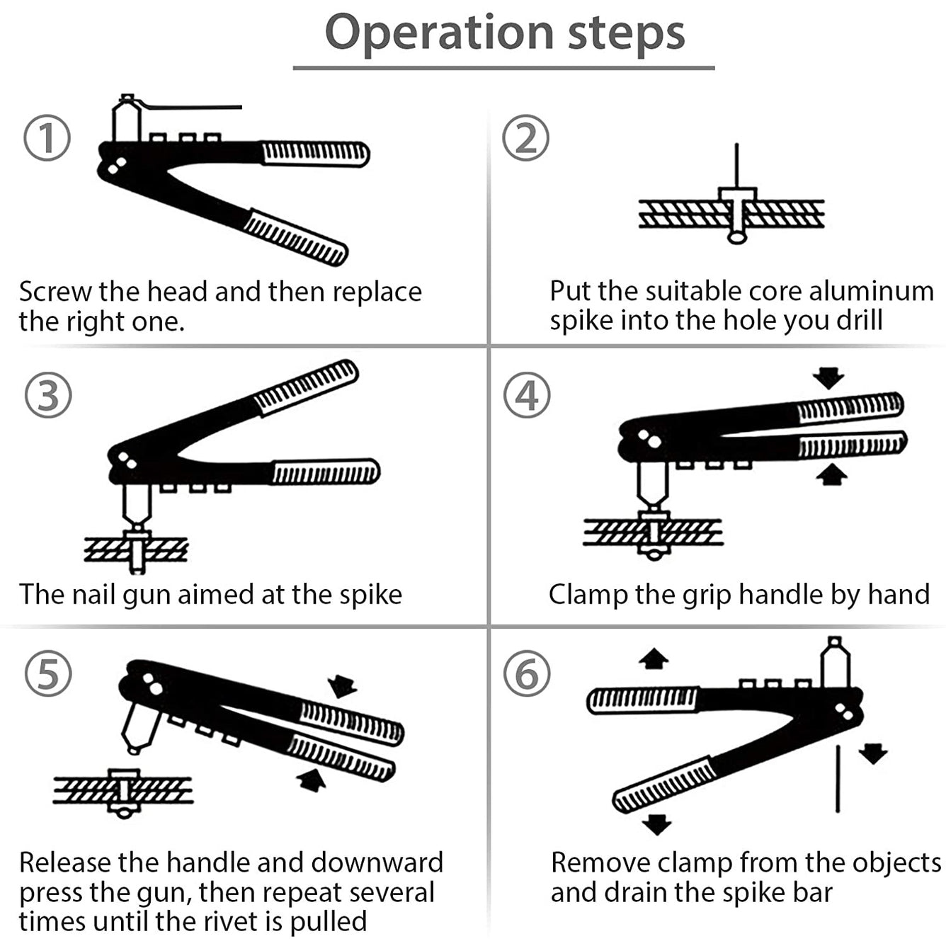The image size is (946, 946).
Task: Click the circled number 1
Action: [47, 138]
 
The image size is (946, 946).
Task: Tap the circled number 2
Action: [525, 138]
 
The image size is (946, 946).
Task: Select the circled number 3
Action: [48, 395]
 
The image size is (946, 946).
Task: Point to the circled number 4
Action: [527, 395]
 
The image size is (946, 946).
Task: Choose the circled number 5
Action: [48, 673]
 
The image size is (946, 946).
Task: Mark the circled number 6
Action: [527, 673]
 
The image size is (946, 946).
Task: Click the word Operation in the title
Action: [439, 33]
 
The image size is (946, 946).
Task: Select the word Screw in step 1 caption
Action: [55, 292]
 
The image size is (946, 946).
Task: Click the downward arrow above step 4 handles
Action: [828, 377]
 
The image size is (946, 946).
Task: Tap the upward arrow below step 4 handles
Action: [831, 474]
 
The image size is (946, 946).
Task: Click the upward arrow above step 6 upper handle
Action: [653, 659]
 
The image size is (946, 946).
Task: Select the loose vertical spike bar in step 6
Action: [838, 778]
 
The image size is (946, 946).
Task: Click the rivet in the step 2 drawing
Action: [737, 212]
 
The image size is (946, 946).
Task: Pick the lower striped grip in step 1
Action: [295, 238]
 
